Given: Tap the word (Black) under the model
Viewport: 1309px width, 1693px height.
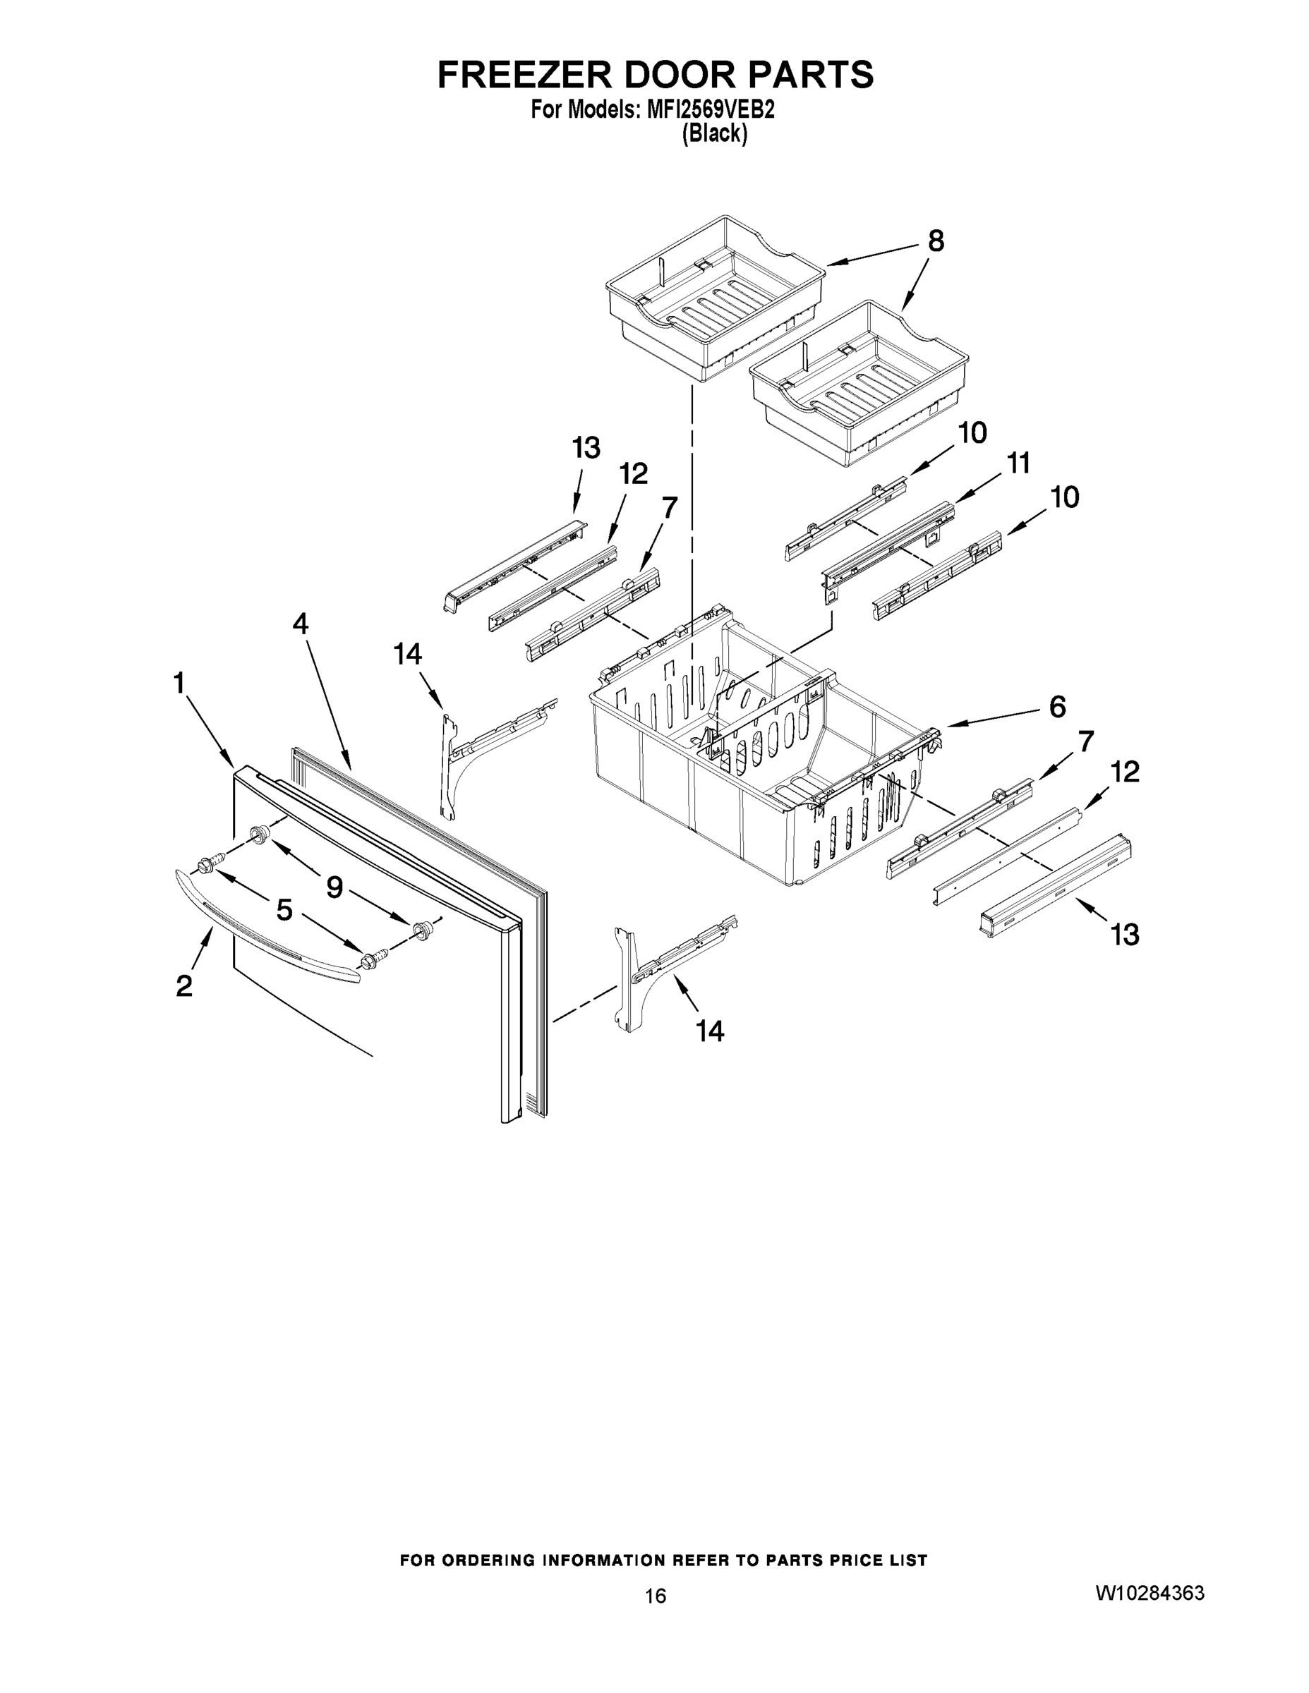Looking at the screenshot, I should point(714,134).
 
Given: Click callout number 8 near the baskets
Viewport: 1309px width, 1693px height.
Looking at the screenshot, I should point(936,242).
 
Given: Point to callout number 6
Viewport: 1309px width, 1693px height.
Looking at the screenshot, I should point(1057,706).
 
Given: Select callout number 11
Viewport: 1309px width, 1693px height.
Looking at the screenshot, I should point(1018,463).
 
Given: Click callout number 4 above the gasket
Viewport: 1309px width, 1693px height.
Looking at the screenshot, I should point(300,624).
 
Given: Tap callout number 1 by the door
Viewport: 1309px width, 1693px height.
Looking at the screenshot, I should point(179,683).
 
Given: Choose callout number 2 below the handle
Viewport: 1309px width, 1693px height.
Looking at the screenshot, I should point(183,986).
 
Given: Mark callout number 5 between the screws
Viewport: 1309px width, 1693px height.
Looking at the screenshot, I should point(284,909).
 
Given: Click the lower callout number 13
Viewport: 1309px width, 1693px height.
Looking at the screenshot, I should point(1124,935).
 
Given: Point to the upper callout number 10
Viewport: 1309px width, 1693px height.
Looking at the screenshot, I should point(972,432).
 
